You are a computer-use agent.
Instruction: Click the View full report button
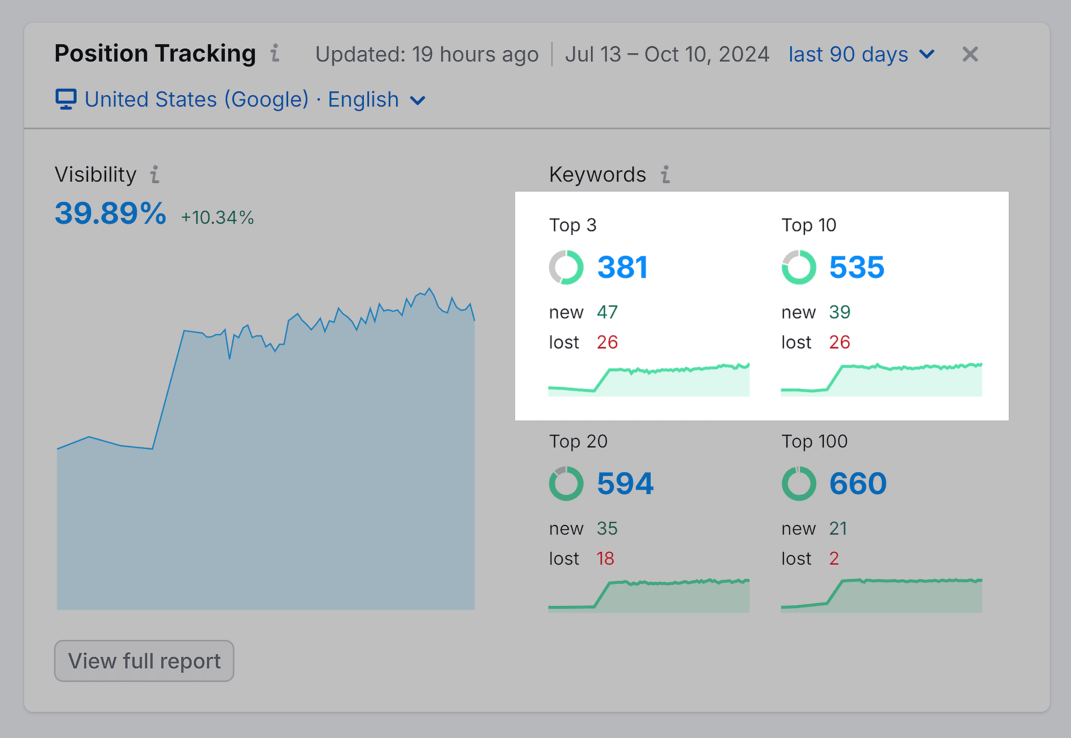pos(144,661)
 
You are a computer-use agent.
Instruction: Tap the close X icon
pos(970,54)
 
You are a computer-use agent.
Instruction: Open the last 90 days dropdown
pos(861,54)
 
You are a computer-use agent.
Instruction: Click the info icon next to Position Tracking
pos(275,53)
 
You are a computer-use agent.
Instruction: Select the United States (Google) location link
pos(197,99)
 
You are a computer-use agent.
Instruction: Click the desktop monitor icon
pos(66,99)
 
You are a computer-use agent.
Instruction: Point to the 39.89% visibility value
pos(110,214)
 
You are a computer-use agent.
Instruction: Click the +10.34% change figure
pos(217,217)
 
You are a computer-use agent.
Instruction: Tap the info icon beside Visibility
pos(155,175)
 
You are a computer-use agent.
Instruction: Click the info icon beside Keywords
pos(665,175)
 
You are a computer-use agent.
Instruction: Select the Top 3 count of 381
pos(622,267)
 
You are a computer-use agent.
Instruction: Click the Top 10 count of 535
pos(856,267)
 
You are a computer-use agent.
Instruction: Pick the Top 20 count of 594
pos(625,484)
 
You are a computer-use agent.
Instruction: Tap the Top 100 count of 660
pos(858,484)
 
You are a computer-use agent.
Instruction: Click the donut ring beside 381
pos(566,267)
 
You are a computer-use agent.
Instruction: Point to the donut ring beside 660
pos(799,484)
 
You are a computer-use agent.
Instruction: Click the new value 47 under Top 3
pos(607,312)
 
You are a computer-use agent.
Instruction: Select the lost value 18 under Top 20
pos(605,559)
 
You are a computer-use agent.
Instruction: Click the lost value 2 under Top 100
pos(834,559)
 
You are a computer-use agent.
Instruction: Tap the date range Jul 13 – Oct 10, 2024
pos(667,54)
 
